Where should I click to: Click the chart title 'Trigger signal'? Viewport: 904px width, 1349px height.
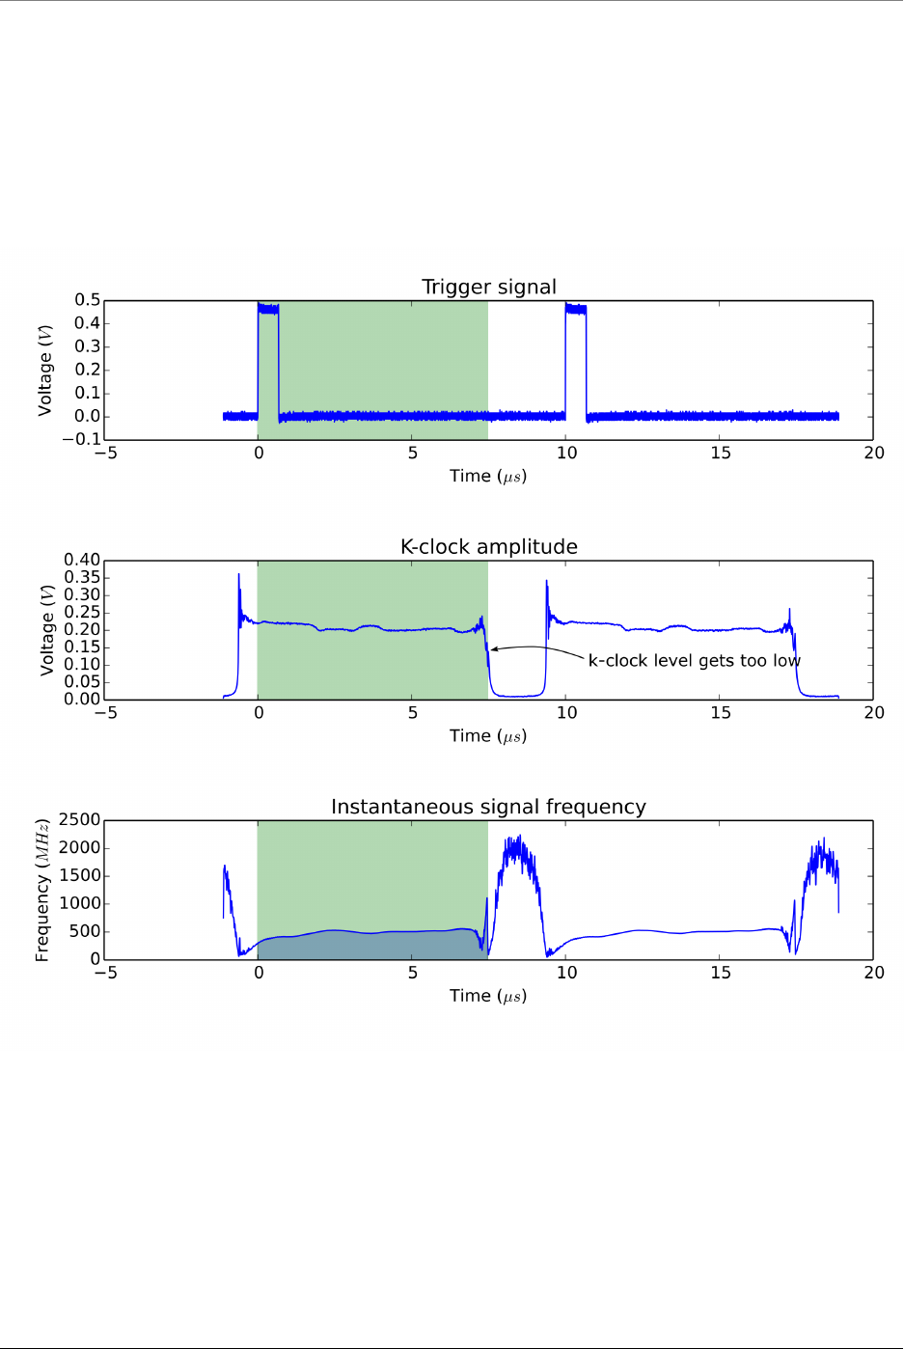coord(489,287)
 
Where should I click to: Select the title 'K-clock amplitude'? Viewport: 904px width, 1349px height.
coord(489,546)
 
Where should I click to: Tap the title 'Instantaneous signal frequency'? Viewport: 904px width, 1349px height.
coord(488,807)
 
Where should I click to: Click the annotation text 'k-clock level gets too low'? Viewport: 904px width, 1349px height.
coord(694,661)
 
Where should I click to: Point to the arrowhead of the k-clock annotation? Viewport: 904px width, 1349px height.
coord(493,649)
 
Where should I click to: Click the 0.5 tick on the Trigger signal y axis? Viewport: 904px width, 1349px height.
coord(88,300)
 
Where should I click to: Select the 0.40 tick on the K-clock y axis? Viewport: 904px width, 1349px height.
coord(82,560)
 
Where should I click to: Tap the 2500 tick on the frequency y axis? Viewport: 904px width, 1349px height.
coord(80,820)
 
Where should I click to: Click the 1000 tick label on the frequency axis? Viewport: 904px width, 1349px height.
coord(80,903)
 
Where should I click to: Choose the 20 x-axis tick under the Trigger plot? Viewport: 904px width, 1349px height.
coord(874,454)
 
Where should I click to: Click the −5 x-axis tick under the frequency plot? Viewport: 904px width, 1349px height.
coord(105,973)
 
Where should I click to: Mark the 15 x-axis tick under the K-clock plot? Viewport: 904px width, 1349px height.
coord(721,713)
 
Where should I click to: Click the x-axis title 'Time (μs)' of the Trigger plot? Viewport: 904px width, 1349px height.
coord(488,476)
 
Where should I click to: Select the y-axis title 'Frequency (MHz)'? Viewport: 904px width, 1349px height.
coord(42,890)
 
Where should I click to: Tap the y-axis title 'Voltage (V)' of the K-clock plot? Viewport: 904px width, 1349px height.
coord(46,629)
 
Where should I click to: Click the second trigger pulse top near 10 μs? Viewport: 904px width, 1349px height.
coord(576,310)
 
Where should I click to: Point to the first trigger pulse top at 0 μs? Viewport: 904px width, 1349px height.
coord(268,310)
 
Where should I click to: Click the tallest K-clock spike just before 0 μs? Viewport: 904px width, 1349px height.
coord(239,576)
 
